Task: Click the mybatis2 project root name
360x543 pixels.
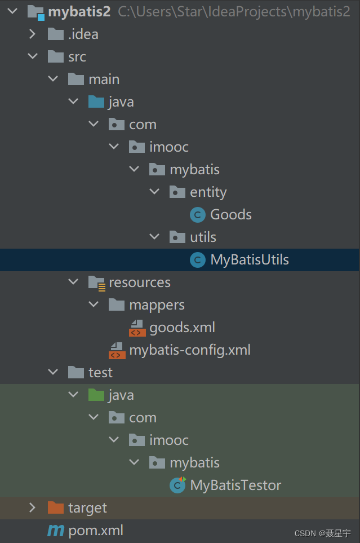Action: point(79,12)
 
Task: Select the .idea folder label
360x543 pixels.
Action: point(83,34)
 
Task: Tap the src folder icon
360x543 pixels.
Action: point(56,57)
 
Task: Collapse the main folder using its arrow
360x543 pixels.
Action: point(54,80)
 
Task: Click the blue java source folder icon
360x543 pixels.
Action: point(96,102)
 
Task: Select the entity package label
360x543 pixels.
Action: point(208,192)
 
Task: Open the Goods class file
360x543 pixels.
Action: point(230,215)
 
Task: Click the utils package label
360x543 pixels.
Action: point(203,237)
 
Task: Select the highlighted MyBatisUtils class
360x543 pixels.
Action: point(249,260)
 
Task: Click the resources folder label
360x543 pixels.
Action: point(139,282)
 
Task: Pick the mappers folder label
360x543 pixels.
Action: point(157,305)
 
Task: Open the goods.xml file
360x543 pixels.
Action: point(181,328)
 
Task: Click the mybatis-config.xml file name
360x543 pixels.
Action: point(189,350)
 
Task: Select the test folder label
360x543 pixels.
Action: point(100,373)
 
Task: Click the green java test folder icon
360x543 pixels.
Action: point(96,395)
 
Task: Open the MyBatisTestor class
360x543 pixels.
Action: point(235,485)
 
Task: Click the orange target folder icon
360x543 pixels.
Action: point(56,508)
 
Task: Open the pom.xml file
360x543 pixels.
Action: point(95,531)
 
